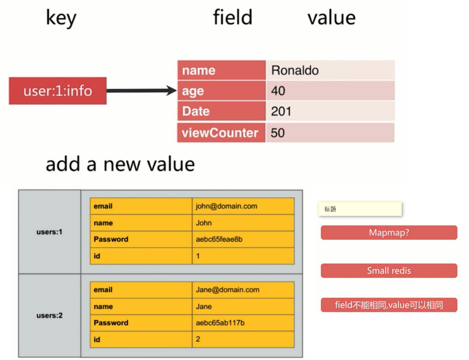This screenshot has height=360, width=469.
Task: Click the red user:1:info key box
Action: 58,91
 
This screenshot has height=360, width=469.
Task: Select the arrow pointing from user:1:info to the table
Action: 141,91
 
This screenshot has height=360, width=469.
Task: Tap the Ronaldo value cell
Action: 329,70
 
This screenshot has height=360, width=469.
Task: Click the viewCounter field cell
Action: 221,133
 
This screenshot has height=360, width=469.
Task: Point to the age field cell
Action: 221,91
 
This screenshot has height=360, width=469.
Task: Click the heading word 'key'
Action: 61,18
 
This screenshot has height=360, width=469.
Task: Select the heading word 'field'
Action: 232,17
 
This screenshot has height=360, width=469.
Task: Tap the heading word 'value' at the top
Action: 331,17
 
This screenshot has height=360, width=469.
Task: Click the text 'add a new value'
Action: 120,164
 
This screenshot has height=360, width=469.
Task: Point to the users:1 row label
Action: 49,232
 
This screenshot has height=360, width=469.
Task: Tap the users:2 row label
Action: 49,316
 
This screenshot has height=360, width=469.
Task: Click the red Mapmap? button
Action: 389,232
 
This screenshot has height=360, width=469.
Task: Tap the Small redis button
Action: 389,270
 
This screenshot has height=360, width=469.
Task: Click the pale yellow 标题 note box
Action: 360,209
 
